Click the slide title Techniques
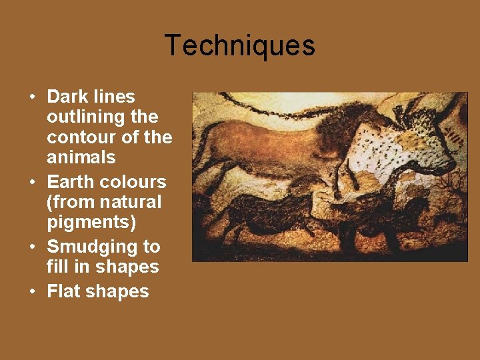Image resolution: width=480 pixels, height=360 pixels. click(x=239, y=45)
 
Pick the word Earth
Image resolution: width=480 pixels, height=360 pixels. click(x=69, y=181)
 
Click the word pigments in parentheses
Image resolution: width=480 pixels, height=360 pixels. click(x=91, y=222)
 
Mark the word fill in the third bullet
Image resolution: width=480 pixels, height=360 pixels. click(x=57, y=267)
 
